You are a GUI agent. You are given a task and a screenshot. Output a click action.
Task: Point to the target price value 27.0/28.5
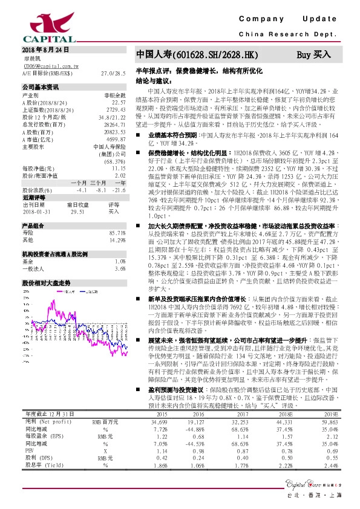click(x=114, y=73)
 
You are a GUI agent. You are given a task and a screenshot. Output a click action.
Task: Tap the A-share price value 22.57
click(x=119, y=103)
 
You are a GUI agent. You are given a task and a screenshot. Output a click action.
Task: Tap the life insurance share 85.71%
click(x=116, y=232)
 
